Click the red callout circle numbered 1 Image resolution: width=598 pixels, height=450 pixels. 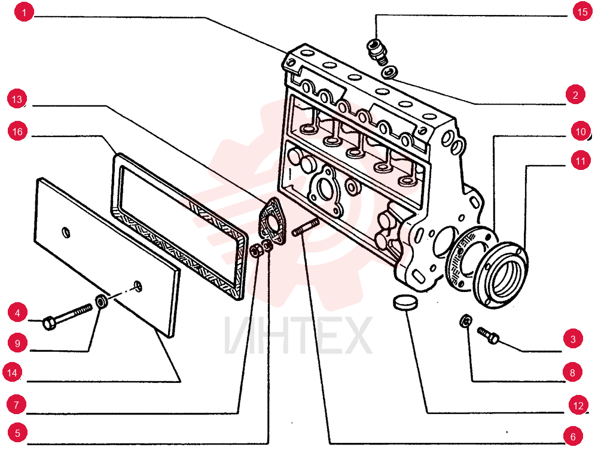[24, 12]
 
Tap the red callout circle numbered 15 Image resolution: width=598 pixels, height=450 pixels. [582, 12]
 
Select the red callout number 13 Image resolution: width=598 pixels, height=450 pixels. [17, 99]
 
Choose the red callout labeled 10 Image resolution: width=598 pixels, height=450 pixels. [581, 131]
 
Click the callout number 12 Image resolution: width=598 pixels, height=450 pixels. [578, 405]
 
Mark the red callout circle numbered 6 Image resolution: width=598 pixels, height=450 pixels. [573, 436]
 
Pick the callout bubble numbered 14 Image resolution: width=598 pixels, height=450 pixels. [12, 373]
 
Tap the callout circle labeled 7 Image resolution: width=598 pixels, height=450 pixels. [16, 404]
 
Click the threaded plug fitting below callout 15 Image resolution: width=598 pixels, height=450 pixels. [377, 51]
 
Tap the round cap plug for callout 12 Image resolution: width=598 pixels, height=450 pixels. [405, 302]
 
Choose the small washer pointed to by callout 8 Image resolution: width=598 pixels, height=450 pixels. [466, 321]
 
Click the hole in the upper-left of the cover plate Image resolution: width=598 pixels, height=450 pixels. [66, 232]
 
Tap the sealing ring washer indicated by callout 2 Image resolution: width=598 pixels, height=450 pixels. [390, 72]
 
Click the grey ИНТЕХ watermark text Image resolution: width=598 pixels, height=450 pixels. [298, 336]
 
